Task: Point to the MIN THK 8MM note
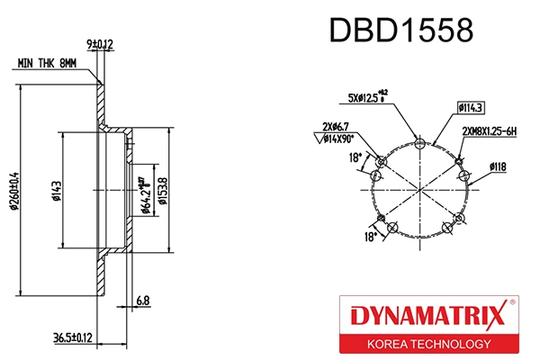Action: (48, 64)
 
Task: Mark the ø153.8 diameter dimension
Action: (163, 190)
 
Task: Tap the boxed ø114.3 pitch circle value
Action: (470, 109)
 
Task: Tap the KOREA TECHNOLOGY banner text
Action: (427, 344)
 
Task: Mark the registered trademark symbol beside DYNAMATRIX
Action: (512, 304)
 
